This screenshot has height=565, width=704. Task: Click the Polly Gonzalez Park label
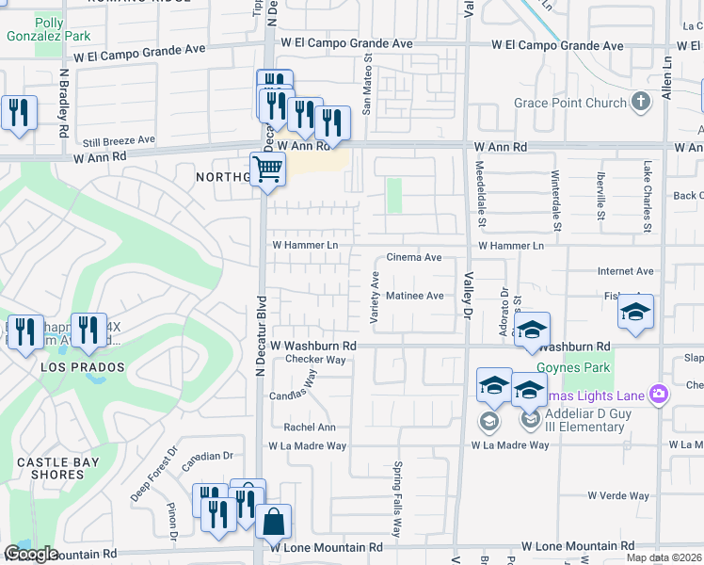pos(62,29)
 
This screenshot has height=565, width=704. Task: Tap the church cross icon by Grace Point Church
pos(640,102)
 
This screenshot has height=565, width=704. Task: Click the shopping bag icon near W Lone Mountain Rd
pos(273,521)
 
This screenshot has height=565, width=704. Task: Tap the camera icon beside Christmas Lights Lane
pos(660,395)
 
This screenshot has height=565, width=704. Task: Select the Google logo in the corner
pos(30,554)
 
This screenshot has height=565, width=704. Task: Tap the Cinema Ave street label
pos(414,257)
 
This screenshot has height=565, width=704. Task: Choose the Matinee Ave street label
pos(415,296)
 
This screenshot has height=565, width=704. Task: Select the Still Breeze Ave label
pos(118,139)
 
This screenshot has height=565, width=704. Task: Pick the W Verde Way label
pos(618,495)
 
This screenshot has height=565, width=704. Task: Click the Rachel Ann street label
pos(310,427)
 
